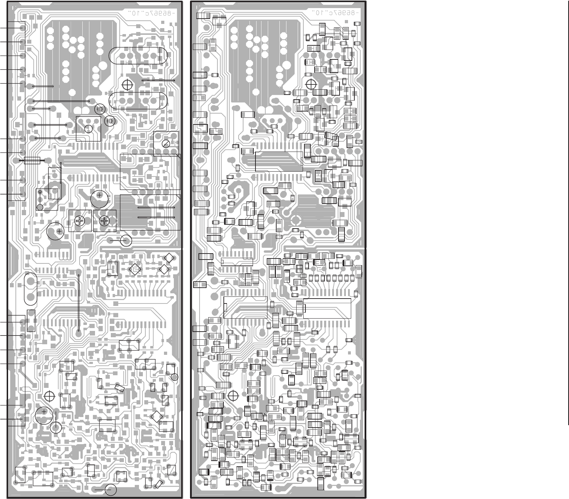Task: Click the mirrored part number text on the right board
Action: click(x=335, y=13)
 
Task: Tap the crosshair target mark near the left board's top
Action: click(x=127, y=85)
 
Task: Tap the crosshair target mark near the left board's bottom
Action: click(x=50, y=396)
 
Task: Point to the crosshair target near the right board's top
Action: click(x=311, y=84)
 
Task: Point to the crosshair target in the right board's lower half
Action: click(x=233, y=396)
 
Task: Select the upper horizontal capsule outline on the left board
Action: click(x=138, y=56)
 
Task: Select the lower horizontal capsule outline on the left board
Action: click(x=138, y=101)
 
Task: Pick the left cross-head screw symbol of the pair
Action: click(x=80, y=221)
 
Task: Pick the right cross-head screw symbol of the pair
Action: click(x=104, y=221)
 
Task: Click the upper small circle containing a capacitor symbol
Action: click(x=100, y=109)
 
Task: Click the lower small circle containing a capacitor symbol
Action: click(x=110, y=121)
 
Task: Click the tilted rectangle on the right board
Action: click(x=331, y=136)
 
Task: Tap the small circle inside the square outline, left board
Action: click(x=89, y=129)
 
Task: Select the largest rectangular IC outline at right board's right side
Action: click(x=327, y=308)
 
